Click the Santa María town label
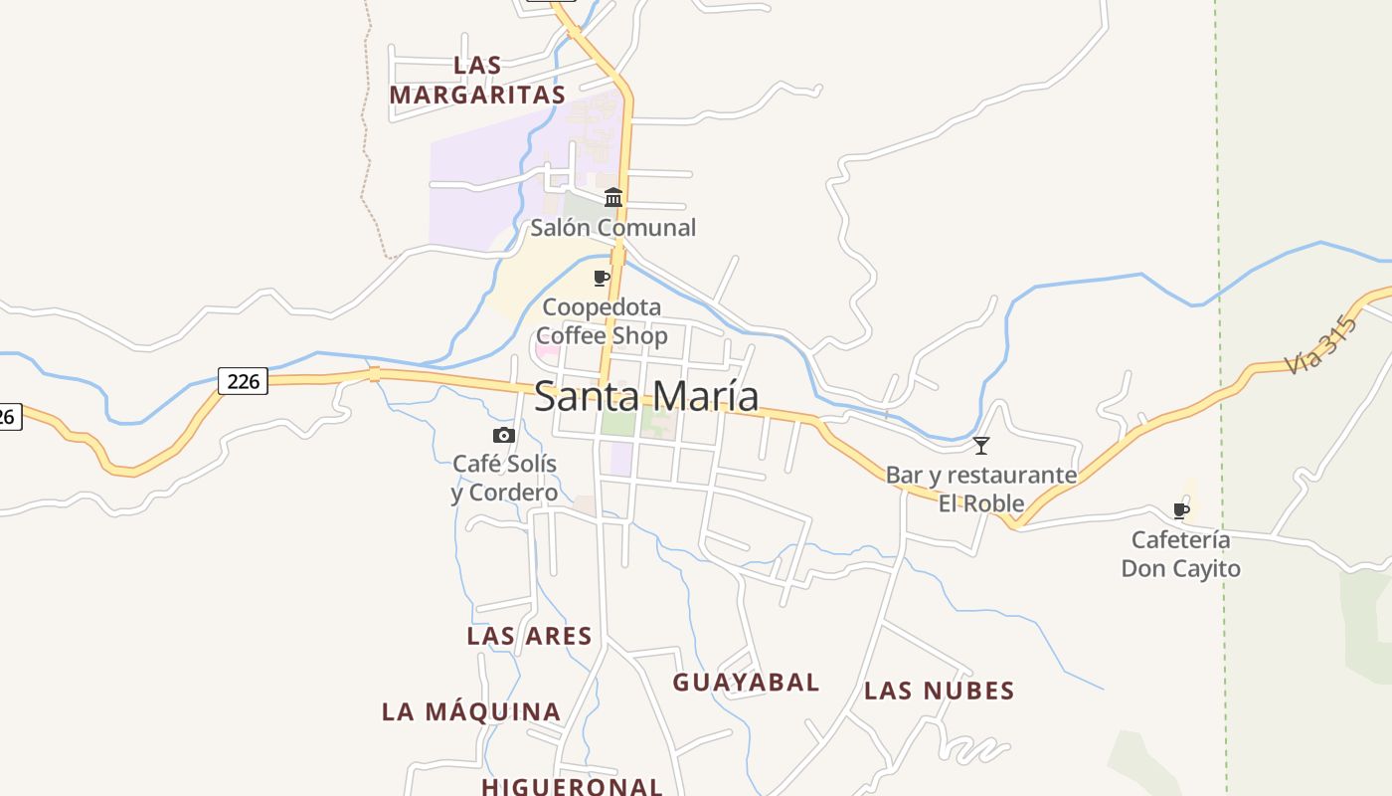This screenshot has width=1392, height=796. pos(646,396)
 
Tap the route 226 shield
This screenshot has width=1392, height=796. pos(243,380)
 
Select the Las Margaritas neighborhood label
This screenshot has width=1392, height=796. pos(477,80)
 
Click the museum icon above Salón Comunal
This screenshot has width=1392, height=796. pos(613,197)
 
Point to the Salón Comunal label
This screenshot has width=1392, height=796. pos(612,228)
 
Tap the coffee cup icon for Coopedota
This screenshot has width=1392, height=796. pos(601,278)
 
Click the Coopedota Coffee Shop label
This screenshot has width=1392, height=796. pos(602,321)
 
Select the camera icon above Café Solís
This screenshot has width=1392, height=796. pos(504,435)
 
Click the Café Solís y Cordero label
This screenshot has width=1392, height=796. pos(504,478)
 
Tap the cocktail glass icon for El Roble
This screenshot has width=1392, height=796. pos(981,446)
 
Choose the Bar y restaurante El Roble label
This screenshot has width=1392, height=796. pos(981,489)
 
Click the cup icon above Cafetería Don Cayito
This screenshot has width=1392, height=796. pos(1181,510)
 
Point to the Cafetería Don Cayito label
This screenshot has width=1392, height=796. pos(1181,554)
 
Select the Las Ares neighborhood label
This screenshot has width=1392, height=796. pos(529,636)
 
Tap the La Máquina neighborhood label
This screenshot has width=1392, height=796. pos(471,711)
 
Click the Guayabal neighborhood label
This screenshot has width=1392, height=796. pos(746,683)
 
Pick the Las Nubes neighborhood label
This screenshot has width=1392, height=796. pos(939,691)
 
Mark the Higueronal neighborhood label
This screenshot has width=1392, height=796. pos(572,786)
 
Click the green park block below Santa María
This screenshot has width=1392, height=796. pos(617,423)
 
